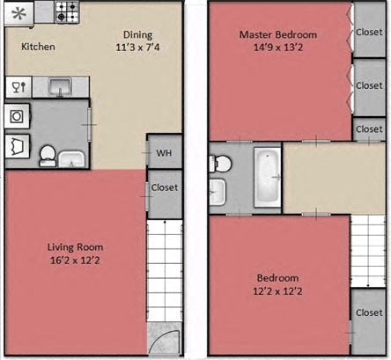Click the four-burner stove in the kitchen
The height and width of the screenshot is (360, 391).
(67, 11)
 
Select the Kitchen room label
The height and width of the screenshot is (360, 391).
(38, 47)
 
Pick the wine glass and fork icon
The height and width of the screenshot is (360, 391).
(17, 86)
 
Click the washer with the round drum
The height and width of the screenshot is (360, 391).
(17, 115)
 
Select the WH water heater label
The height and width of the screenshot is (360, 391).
(163, 153)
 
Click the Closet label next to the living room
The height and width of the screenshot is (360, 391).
(164, 187)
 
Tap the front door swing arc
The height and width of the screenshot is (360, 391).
(160, 345)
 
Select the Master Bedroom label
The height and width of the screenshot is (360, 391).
(278, 35)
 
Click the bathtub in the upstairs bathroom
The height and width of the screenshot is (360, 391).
(266, 177)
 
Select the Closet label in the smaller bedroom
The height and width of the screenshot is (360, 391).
(369, 312)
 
